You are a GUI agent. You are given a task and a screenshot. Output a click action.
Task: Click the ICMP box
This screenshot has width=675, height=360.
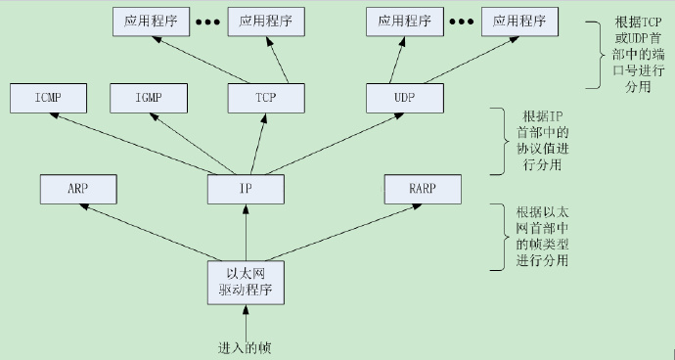pyautogui.click(x=47, y=97)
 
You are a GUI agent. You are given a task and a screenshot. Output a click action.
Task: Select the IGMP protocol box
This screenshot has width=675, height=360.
pyautogui.click(x=147, y=97)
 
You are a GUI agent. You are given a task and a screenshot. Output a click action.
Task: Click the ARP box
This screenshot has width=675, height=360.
pyautogui.click(x=78, y=188)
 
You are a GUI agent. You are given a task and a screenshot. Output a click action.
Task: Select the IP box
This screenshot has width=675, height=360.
pyautogui.click(x=246, y=188)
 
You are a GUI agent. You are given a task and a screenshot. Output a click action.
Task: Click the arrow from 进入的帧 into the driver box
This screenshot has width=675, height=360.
pyautogui.click(x=246, y=321)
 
